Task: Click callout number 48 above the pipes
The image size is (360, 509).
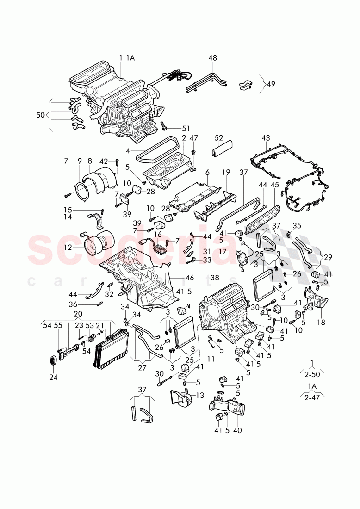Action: coord(212,58)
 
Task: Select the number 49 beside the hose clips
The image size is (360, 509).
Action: coord(271,84)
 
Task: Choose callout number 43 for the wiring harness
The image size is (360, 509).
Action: coord(265,138)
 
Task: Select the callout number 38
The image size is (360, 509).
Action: coord(214,278)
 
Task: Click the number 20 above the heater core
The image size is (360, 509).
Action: coord(77,313)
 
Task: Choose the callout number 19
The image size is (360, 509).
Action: coord(225,172)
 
